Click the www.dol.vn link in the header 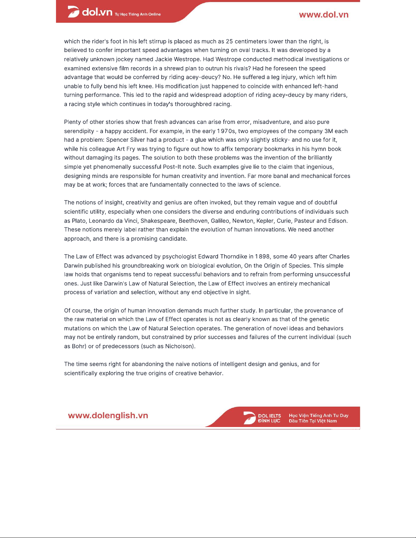pyautogui.click(x=324, y=15)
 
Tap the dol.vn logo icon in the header pyautogui.click(x=73, y=12)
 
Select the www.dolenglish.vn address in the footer pyautogui.click(x=108, y=415)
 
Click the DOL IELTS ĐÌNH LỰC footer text pyautogui.click(x=269, y=418)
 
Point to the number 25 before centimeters pyautogui.click(x=229, y=41)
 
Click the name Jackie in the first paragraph pyautogui.click(x=164, y=59)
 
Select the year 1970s pyautogui.click(x=226, y=131)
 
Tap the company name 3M pyautogui.click(x=329, y=131)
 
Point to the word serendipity pyautogui.click(x=79, y=131)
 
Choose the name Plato pyautogui.click(x=79, y=221)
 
